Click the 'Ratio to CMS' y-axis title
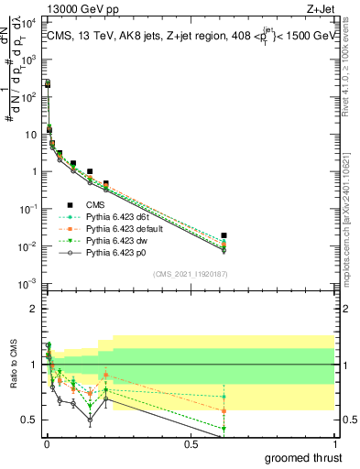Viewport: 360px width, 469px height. (13, 364)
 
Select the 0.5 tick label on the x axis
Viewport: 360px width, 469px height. (191, 444)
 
